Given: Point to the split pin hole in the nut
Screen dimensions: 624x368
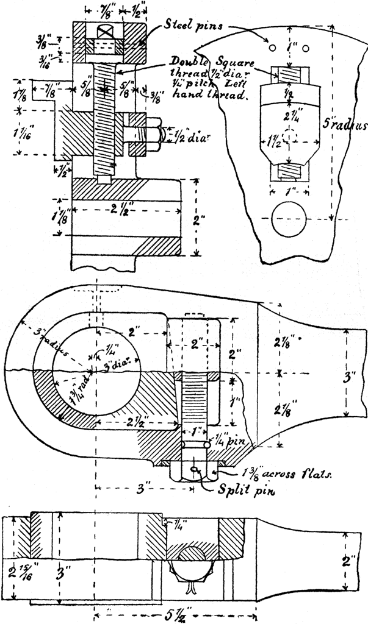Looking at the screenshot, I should tap(195, 469).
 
